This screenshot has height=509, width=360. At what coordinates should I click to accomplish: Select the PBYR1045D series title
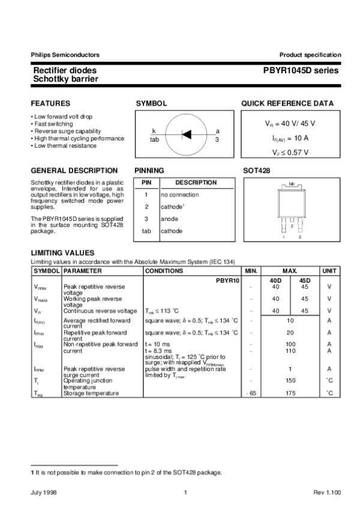point(301,71)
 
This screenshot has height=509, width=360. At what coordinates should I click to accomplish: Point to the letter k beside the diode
point(154,131)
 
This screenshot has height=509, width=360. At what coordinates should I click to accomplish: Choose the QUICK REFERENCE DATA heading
point(287,103)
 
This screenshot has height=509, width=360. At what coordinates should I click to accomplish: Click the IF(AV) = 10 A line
point(290,137)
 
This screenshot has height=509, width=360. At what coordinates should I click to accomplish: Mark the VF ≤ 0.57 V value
point(290,152)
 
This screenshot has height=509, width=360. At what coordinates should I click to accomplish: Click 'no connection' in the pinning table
point(179,195)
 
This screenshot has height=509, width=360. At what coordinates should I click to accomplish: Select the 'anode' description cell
point(169,219)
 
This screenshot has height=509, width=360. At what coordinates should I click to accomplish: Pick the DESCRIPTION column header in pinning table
point(196,182)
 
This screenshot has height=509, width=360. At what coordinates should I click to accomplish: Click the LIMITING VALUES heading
point(62,253)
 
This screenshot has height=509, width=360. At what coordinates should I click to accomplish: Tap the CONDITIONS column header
point(164,271)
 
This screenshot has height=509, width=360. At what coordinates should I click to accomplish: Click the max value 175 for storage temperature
point(290,393)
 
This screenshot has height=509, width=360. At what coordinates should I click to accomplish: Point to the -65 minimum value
point(251,393)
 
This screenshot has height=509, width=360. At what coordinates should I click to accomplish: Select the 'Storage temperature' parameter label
point(91,393)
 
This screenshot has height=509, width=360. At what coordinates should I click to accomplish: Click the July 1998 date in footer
point(41,493)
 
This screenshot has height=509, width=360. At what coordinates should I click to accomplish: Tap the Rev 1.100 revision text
point(327,493)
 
